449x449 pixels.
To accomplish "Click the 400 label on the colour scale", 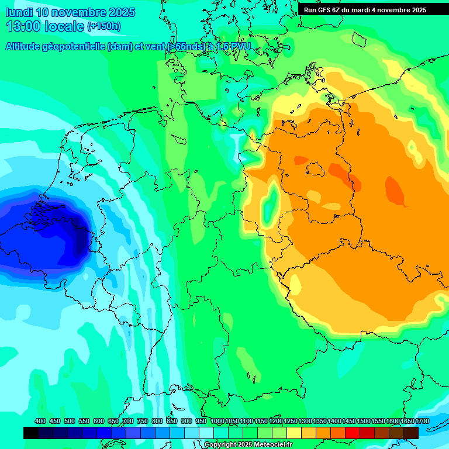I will point(40,421).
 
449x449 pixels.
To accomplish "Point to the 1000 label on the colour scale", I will point(217,421).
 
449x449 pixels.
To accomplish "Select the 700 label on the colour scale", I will point(128,421).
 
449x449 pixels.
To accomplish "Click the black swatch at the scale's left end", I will point(31,433).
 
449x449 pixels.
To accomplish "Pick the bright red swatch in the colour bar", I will point(353,433).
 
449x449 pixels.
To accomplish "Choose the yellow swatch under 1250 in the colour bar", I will point(294,433).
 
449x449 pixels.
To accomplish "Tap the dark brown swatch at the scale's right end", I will point(411,433).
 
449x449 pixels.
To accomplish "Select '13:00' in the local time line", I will point(23,26).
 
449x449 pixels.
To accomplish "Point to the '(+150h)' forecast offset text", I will point(104,26).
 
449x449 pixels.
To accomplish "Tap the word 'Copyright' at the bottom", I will point(220,445).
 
